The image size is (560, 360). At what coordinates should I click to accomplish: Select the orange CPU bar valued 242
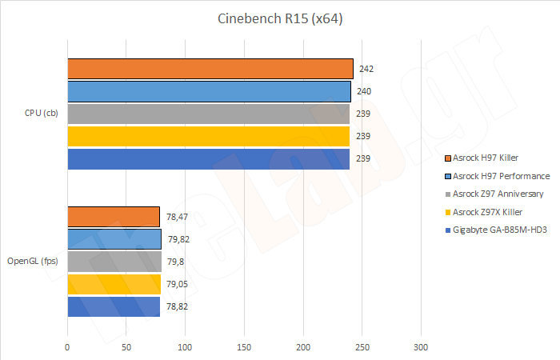click(x=210, y=69)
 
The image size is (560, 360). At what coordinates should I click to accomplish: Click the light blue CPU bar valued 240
click(x=209, y=91)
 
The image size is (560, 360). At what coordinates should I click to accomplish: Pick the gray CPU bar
click(x=208, y=114)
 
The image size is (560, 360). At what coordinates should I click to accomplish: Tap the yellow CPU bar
click(x=208, y=136)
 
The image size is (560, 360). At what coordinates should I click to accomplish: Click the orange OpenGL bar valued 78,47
click(x=113, y=216)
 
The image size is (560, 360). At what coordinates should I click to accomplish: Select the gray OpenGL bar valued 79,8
click(x=114, y=261)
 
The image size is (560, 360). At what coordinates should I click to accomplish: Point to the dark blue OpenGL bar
click(x=113, y=306)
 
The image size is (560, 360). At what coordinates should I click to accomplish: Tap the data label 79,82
click(x=177, y=238)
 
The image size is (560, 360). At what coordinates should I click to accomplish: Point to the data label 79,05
click(x=177, y=284)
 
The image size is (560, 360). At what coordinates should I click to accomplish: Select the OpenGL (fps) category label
click(x=33, y=261)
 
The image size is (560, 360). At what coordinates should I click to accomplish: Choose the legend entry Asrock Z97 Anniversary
click(x=498, y=194)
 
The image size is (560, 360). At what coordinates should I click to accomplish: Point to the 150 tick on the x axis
click(x=244, y=347)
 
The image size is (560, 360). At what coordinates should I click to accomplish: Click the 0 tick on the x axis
click(x=67, y=347)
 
